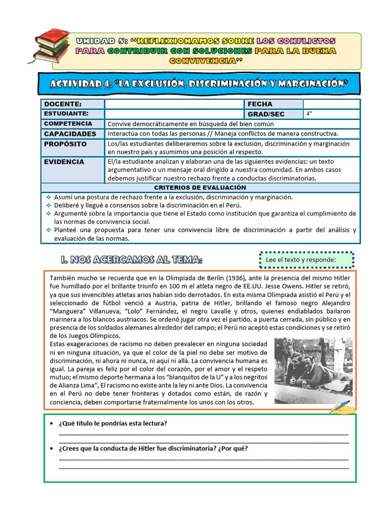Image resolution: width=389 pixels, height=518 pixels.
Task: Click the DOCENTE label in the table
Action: pos(60,104)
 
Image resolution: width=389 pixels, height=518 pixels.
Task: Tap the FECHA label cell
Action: pos(260,104)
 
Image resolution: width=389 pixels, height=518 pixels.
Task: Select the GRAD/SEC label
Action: pos(266,114)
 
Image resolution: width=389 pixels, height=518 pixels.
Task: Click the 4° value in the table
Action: pos(309,114)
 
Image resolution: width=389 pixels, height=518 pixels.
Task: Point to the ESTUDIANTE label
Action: pos(66,114)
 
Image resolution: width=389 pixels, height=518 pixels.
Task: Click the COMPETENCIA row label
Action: pos(68,123)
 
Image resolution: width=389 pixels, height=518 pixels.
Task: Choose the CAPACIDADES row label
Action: pos(70,134)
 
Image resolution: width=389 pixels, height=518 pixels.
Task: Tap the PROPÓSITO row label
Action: pos(65,144)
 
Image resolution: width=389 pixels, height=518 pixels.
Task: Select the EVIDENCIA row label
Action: pos(64,162)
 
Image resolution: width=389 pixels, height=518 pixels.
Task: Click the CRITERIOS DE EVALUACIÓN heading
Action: pos(201,187)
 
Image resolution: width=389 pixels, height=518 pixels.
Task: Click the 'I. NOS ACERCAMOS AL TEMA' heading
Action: pos(131,260)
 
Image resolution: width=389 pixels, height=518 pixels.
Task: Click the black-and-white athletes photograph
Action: pos(313,371)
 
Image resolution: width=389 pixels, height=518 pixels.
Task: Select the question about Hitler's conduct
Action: pos(153,448)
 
